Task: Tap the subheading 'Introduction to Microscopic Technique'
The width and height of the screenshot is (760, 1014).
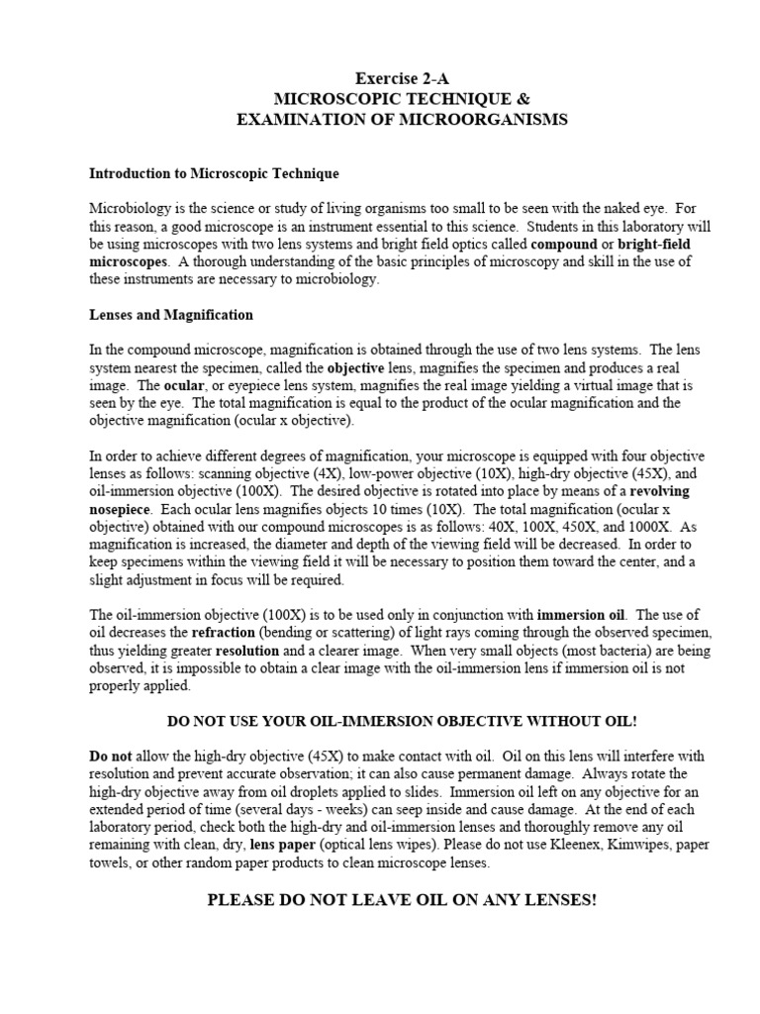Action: pos(214,173)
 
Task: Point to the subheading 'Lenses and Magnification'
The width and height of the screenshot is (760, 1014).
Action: pos(171,315)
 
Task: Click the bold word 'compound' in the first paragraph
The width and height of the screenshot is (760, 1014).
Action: pos(565,243)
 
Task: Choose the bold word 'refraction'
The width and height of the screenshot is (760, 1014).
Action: pos(230,633)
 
